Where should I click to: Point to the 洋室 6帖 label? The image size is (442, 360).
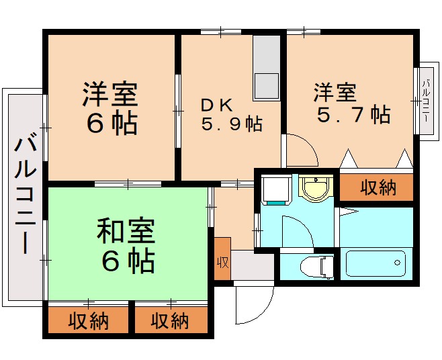tap(111, 109)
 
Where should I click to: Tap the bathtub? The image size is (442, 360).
tap(375, 263)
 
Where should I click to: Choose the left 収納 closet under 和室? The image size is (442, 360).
tap(88, 321)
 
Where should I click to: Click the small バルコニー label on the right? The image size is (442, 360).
tap(426, 101)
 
